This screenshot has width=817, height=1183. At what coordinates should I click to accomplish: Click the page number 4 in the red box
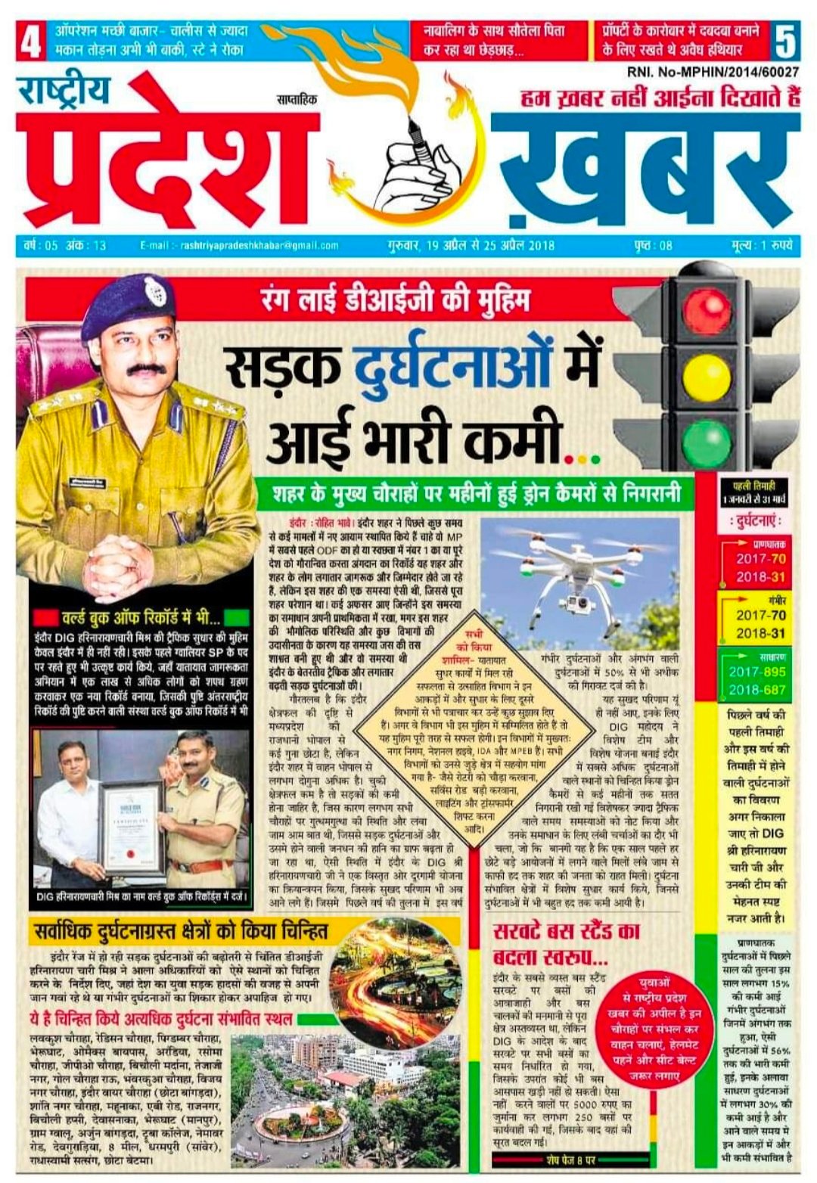30,42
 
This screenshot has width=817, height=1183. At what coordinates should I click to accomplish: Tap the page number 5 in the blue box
786,42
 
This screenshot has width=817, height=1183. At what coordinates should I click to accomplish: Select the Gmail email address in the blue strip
239,245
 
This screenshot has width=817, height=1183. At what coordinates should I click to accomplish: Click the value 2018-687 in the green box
757,690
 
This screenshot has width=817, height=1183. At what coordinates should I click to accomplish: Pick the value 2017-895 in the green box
757,672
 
